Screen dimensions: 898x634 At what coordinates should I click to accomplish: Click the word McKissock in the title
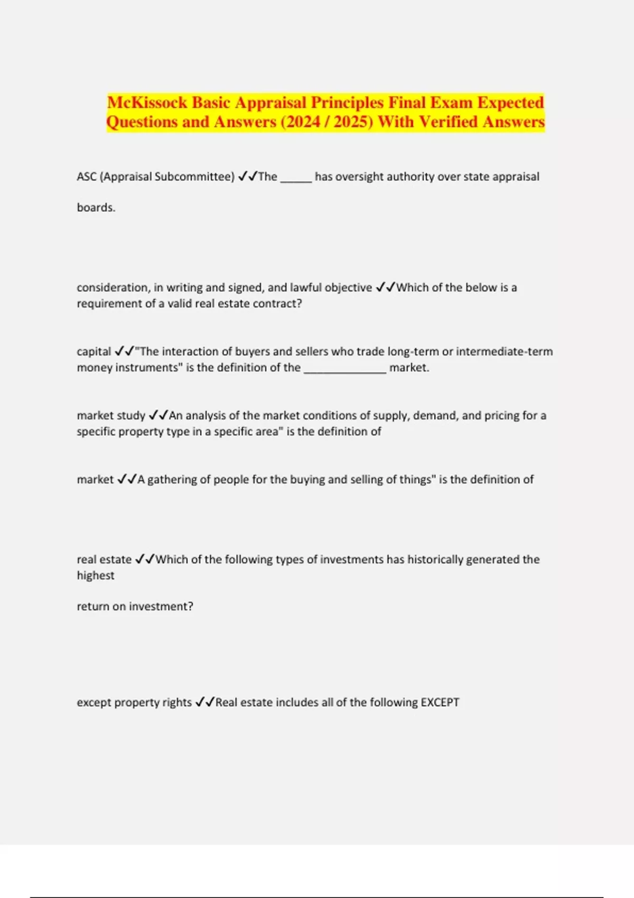tap(146, 102)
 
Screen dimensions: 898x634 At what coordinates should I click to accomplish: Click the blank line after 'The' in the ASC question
tap(296, 177)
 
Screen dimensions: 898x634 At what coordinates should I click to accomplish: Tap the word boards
tap(96, 208)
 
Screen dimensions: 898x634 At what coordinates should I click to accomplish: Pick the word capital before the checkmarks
tap(94, 352)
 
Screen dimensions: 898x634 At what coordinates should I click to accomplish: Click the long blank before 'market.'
tap(345, 369)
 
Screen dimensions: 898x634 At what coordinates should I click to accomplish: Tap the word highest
tap(96, 576)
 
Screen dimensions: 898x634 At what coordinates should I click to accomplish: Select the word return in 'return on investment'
tap(92, 607)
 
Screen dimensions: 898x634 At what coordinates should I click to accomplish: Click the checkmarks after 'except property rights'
tap(204, 703)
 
